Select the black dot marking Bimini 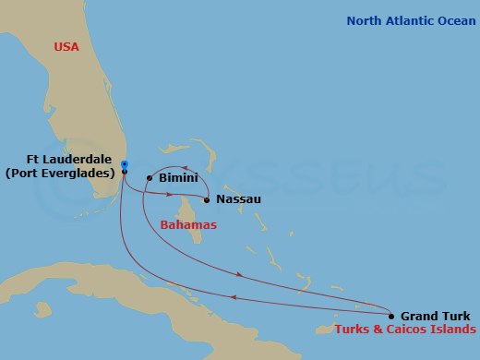coord(150,177)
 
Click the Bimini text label coord(176,176)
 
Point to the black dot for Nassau coord(206,199)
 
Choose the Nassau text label coord(238,199)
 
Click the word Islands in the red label coord(456,330)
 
